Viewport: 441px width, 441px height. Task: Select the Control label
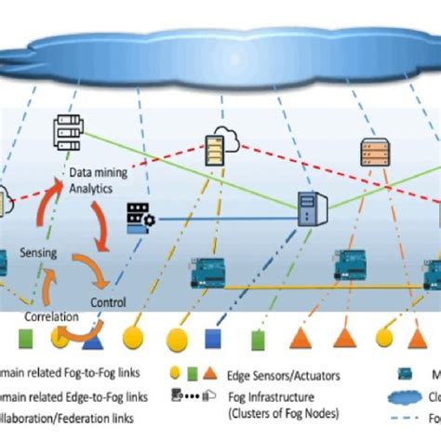click(108, 301)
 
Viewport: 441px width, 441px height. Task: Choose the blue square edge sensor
click(213, 334)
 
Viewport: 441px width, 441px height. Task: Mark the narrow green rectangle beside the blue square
click(244, 334)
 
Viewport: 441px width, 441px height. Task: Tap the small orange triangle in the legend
click(209, 374)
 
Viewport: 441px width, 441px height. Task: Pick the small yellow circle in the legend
click(175, 374)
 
